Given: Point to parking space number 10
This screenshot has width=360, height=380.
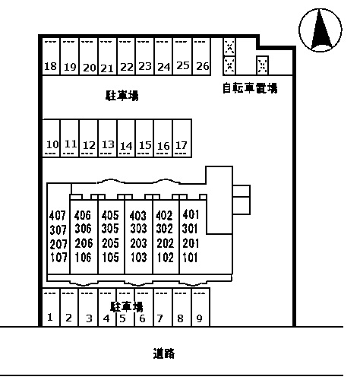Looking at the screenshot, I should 52,144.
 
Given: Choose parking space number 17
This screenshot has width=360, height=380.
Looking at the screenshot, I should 181,144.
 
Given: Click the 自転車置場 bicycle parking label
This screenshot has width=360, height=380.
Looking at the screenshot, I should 250,88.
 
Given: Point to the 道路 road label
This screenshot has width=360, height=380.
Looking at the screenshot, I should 164,353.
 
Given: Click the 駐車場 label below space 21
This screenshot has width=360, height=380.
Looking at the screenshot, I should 122,97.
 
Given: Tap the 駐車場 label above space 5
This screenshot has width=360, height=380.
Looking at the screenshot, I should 126,306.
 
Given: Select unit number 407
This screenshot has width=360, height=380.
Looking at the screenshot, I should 58,215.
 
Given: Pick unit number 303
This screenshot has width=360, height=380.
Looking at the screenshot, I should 138,230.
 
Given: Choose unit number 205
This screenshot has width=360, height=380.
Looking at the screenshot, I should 110,243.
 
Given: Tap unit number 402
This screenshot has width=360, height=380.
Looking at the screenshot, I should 164,215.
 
